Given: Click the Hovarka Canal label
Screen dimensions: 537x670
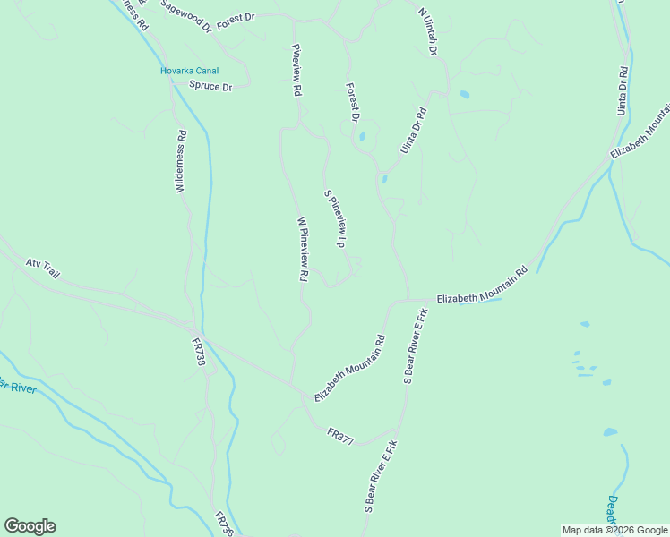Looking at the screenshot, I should (x=189, y=71).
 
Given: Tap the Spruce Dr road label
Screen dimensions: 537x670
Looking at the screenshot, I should (x=211, y=86).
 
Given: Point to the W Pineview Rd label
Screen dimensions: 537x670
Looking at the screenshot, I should (x=303, y=250).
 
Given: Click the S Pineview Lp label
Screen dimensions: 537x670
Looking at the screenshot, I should (x=335, y=218).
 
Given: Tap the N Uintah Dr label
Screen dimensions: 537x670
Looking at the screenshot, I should (x=427, y=33).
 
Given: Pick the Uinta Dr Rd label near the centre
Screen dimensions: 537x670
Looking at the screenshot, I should (x=414, y=131).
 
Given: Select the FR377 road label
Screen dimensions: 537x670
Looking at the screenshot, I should (x=341, y=435).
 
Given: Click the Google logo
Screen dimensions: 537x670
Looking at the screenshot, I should (x=30, y=526).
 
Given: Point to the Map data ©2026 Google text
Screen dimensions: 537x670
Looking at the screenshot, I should (x=614, y=530).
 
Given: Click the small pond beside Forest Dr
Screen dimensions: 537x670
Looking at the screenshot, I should (x=362, y=137).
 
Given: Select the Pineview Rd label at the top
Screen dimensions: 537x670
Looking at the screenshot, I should (x=296, y=69).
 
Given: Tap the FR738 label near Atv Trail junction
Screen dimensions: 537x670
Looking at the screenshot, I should (x=198, y=349).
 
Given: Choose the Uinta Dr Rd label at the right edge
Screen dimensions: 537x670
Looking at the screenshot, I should (x=622, y=89).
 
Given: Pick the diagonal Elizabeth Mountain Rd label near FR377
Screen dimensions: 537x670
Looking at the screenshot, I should (x=349, y=368).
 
